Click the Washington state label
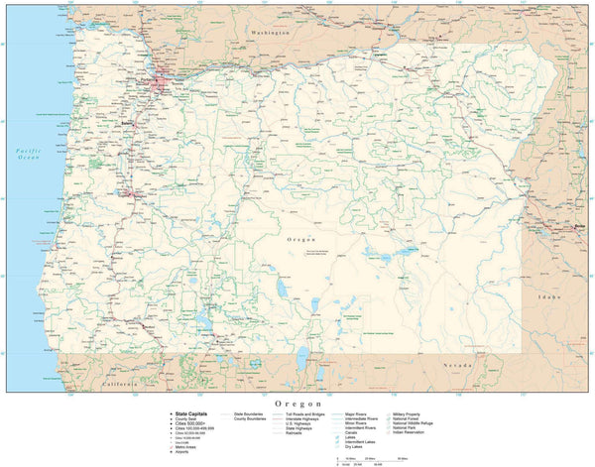270,33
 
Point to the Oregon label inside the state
301,240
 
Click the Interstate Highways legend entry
301,418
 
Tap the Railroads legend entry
295,433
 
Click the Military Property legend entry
411,413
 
